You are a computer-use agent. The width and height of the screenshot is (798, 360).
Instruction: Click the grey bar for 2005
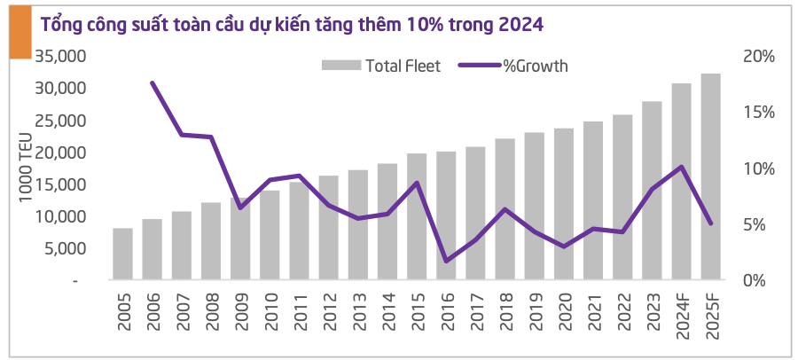pos(122,254)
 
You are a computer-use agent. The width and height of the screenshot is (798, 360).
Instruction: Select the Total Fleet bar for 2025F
pos(710,177)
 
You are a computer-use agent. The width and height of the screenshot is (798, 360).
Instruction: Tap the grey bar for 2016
pos(446,216)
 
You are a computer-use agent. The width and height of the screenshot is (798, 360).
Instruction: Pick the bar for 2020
pos(564,205)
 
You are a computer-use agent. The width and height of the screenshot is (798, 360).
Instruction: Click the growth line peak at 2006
pos(153,83)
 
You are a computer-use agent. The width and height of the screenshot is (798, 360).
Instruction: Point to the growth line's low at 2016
pos(446,261)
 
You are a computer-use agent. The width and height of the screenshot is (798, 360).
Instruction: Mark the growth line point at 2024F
pos(680,167)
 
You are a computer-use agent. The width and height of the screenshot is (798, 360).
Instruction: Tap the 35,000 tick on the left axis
pos(59,56)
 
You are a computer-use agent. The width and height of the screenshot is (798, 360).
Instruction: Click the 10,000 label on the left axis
pos(59,216)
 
